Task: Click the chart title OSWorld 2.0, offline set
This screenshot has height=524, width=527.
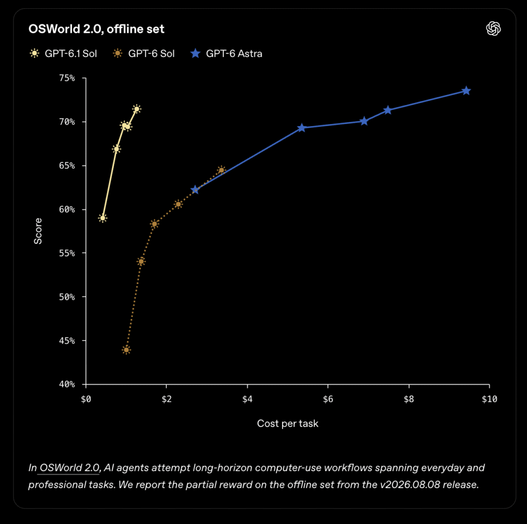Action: (x=96, y=29)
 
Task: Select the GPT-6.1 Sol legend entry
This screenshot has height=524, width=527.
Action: (x=63, y=54)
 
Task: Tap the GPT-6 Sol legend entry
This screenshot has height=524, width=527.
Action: (x=144, y=54)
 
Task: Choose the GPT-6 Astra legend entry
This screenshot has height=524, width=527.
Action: (x=226, y=54)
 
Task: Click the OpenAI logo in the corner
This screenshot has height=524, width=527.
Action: (x=494, y=29)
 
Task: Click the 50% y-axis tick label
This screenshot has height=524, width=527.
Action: (x=67, y=297)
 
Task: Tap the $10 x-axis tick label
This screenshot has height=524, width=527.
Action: (x=489, y=399)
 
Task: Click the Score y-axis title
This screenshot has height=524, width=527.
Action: (x=38, y=231)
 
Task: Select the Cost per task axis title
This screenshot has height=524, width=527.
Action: (x=288, y=424)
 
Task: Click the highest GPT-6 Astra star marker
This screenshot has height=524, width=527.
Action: (x=466, y=91)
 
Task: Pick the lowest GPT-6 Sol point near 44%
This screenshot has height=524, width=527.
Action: (x=127, y=350)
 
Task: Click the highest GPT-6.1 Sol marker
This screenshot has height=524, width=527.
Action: (x=137, y=109)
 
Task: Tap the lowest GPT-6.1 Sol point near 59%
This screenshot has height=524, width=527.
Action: (x=103, y=218)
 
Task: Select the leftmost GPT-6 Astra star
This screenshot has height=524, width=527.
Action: (x=195, y=190)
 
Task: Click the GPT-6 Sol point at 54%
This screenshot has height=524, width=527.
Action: (x=141, y=261)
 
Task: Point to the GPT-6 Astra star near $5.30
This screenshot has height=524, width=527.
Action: (x=302, y=128)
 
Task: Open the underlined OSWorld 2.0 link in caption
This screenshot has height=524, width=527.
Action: (x=69, y=468)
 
